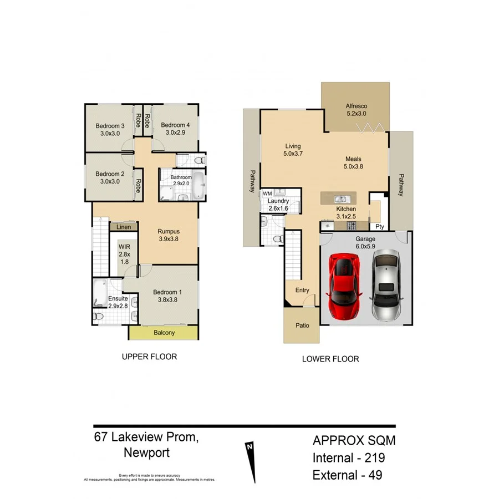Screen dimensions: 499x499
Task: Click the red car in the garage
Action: [346, 285]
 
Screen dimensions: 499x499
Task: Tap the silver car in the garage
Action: [387, 285]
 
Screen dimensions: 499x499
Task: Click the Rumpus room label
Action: [168, 236]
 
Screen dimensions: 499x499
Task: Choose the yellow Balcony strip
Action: [164, 333]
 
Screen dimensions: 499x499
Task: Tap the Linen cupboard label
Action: [124, 227]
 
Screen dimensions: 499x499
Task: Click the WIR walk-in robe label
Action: [124, 253]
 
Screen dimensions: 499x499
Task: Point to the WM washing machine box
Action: [267, 194]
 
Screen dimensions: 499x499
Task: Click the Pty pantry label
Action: [380, 226]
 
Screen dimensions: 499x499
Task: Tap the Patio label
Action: [302, 325]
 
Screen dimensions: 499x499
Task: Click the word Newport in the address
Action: [147, 452]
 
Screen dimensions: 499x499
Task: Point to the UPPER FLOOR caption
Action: [149, 357]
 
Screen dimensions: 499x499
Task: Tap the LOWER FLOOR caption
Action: [330, 359]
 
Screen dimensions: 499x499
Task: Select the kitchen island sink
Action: [340, 198]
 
